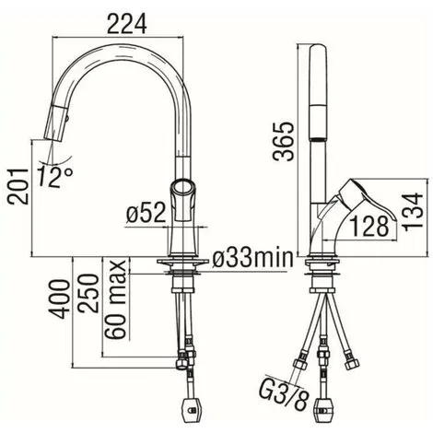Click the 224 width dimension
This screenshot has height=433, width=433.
click(127, 24)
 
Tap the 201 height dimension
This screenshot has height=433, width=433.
click(18, 186)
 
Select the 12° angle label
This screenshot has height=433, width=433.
click(55, 178)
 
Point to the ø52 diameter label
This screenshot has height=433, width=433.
click(146, 213)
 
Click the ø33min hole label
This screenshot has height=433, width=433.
click(252, 258)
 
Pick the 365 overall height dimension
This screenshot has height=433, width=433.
click(283, 142)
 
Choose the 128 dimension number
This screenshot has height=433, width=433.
click(369, 227)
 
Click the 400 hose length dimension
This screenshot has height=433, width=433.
click(59, 299)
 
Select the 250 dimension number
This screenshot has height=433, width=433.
click(88, 294)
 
